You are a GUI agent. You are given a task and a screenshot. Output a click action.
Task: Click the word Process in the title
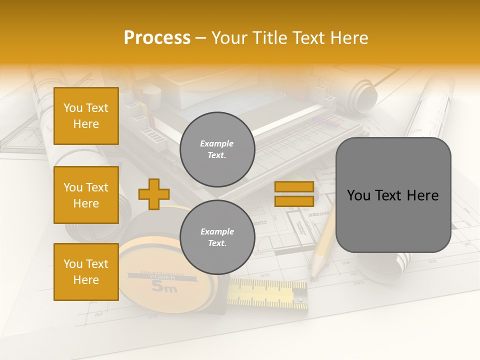pos(157,38)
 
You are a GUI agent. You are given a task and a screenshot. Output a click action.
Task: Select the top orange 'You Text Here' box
pos(86,116)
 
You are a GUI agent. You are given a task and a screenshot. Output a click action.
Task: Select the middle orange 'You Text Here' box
pos(86,195)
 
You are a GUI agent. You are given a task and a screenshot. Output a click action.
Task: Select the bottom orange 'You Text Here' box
pos(86,272)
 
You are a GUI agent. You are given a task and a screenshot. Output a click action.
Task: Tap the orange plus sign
pos(154,194)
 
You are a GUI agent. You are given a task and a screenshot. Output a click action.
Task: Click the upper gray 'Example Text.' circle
pos(217,149)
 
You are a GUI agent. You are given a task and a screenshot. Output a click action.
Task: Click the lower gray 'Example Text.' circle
pos(217,237)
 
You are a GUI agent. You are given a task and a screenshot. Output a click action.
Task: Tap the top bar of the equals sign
pos(294,186)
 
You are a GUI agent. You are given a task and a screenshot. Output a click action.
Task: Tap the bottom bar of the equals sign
pos(294,201)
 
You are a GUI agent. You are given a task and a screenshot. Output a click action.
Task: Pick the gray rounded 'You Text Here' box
pos(393,195)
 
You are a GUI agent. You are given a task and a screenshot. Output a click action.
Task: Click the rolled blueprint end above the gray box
pos(365,97)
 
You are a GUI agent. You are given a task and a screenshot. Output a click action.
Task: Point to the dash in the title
pos(201,38)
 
